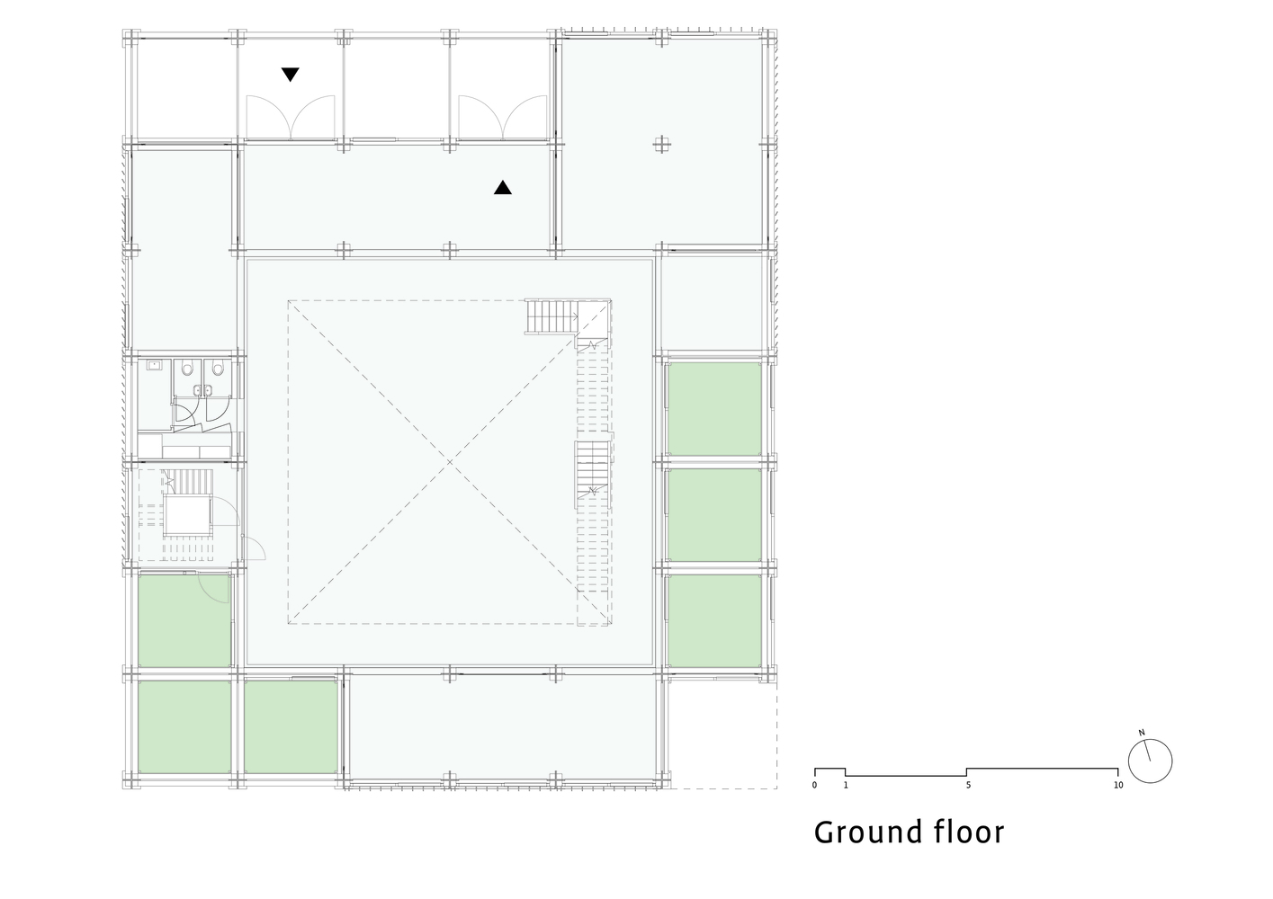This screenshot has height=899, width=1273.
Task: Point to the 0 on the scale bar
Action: coord(814,785)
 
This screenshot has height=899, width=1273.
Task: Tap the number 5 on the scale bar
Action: coord(968,785)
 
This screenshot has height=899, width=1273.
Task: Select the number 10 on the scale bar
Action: coord(1118,785)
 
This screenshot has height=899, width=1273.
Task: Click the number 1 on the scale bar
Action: coord(846,785)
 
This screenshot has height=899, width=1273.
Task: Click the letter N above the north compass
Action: coord(1142,734)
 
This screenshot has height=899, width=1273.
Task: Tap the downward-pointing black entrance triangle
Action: coord(290,75)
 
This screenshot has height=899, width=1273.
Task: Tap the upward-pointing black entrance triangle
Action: coord(503,188)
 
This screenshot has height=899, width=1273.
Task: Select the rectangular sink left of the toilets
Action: coord(155,365)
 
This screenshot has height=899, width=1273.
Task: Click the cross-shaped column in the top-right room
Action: coord(663,144)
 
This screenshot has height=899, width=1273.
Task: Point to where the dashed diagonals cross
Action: coord(450,462)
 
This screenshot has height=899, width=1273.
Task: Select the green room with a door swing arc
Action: coord(184,619)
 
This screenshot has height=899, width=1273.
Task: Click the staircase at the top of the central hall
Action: coord(550,316)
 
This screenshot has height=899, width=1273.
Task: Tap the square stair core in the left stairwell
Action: coord(188,515)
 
